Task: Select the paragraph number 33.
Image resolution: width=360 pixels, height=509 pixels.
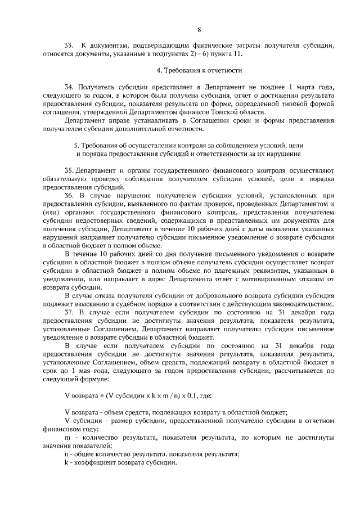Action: (69, 45)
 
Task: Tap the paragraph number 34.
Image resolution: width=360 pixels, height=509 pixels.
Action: (69, 88)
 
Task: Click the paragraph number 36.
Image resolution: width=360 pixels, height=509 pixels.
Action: (69, 195)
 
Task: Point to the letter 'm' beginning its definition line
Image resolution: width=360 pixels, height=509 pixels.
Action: (67, 437)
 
